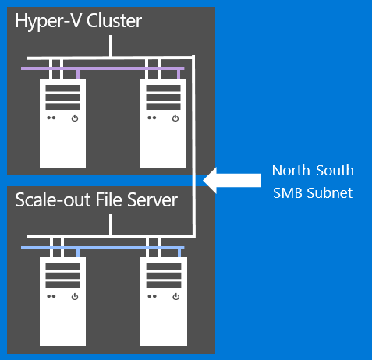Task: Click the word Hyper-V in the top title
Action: tap(46, 22)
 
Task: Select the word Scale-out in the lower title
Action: tap(49, 201)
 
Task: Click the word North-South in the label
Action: tap(312, 171)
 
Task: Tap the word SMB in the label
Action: tap(289, 192)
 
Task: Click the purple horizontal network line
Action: tap(101, 69)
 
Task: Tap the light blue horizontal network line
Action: tap(101, 248)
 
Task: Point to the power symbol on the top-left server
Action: tap(74, 118)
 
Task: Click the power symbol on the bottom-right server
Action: tap(175, 297)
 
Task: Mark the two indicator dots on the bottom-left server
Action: tap(51, 297)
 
